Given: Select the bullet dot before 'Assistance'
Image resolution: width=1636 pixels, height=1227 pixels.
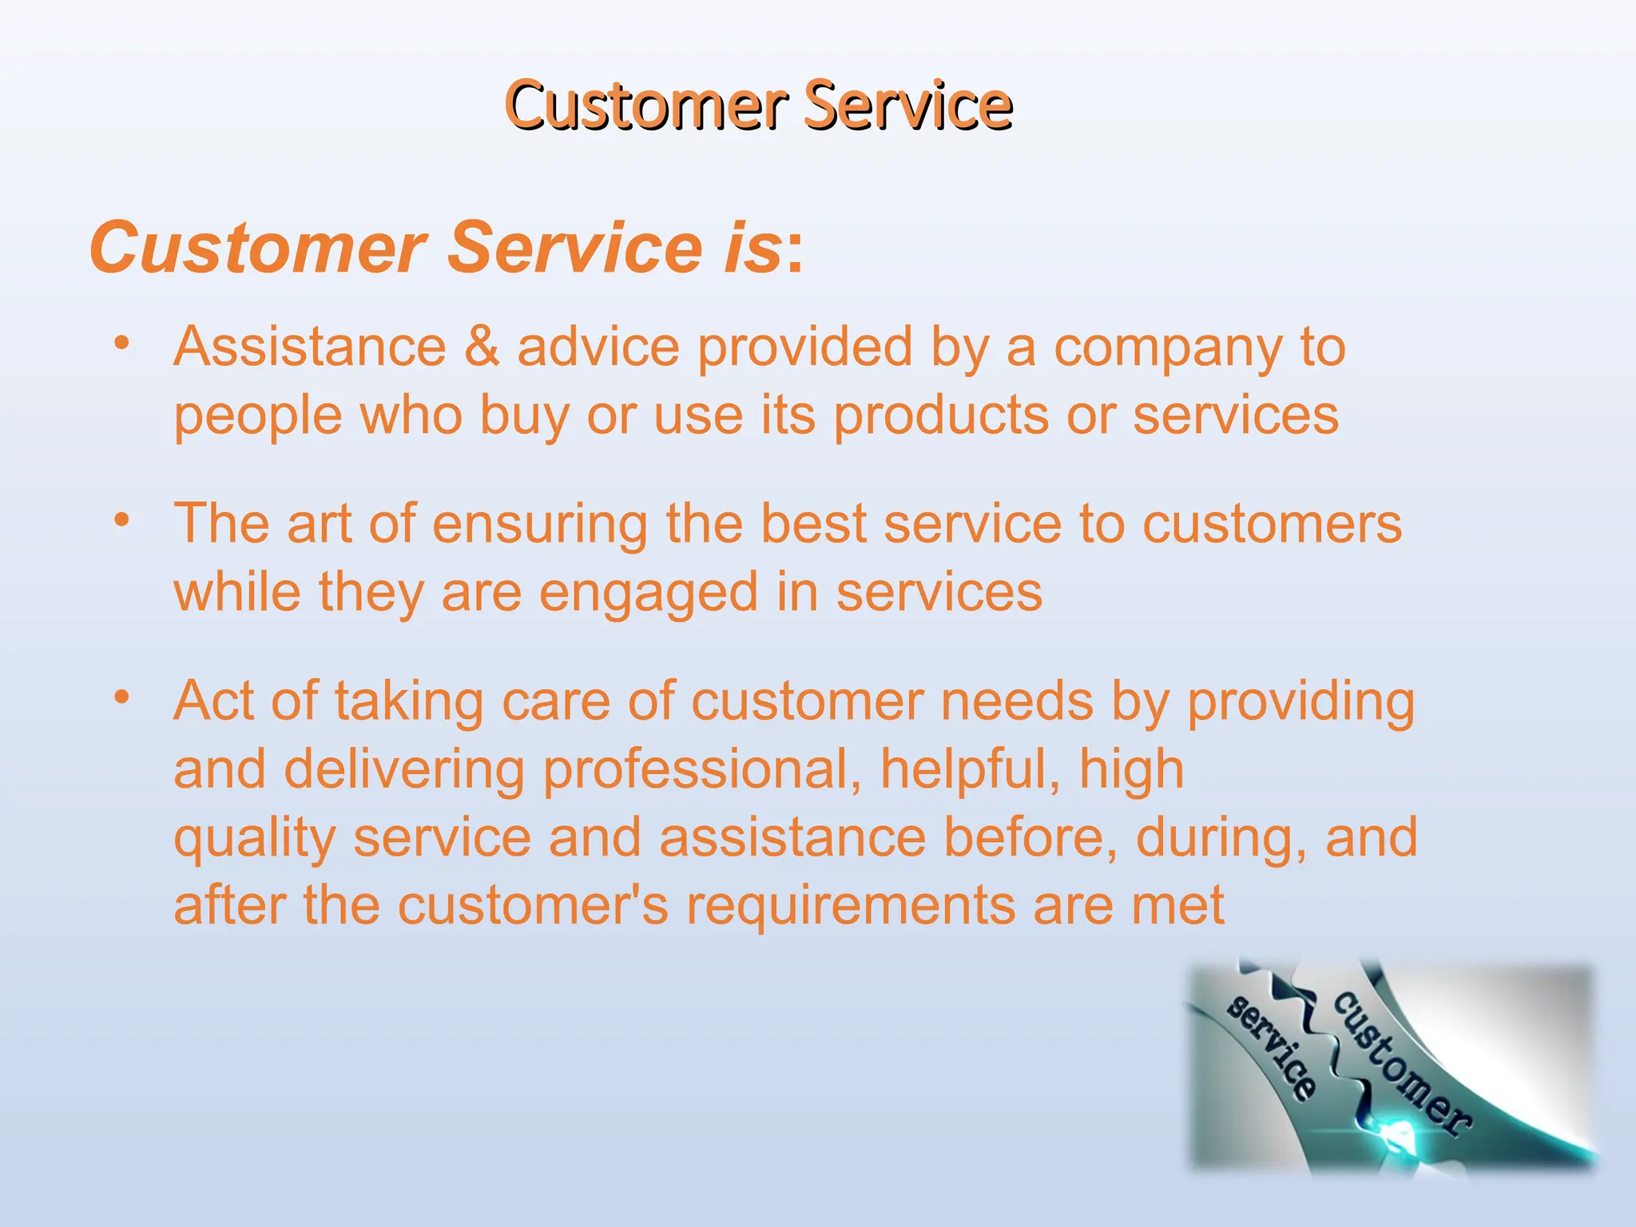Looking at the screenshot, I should click(x=121, y=343).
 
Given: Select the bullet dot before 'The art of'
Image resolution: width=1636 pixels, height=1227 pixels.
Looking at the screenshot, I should click(x=121, y=521).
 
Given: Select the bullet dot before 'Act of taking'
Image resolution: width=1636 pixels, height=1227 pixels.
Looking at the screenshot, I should click(x=121, y=697).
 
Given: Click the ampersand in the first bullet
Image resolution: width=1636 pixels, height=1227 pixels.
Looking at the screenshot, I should click(x=482, y=347).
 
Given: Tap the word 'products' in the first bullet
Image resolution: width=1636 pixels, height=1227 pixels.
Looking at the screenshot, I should click(x=941, y=417).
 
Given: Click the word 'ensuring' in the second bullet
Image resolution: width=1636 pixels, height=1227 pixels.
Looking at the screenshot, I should click(x=540, y=525).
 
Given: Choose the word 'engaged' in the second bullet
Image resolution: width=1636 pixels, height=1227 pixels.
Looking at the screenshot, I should click(x=648, y=594).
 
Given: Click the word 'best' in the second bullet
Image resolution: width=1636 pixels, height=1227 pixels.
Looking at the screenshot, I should click(x=813, y=524).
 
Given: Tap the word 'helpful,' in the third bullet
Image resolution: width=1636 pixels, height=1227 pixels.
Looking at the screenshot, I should click(x=971, y=770).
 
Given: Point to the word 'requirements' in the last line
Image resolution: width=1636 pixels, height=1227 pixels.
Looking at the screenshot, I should click(x=851, y=906).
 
